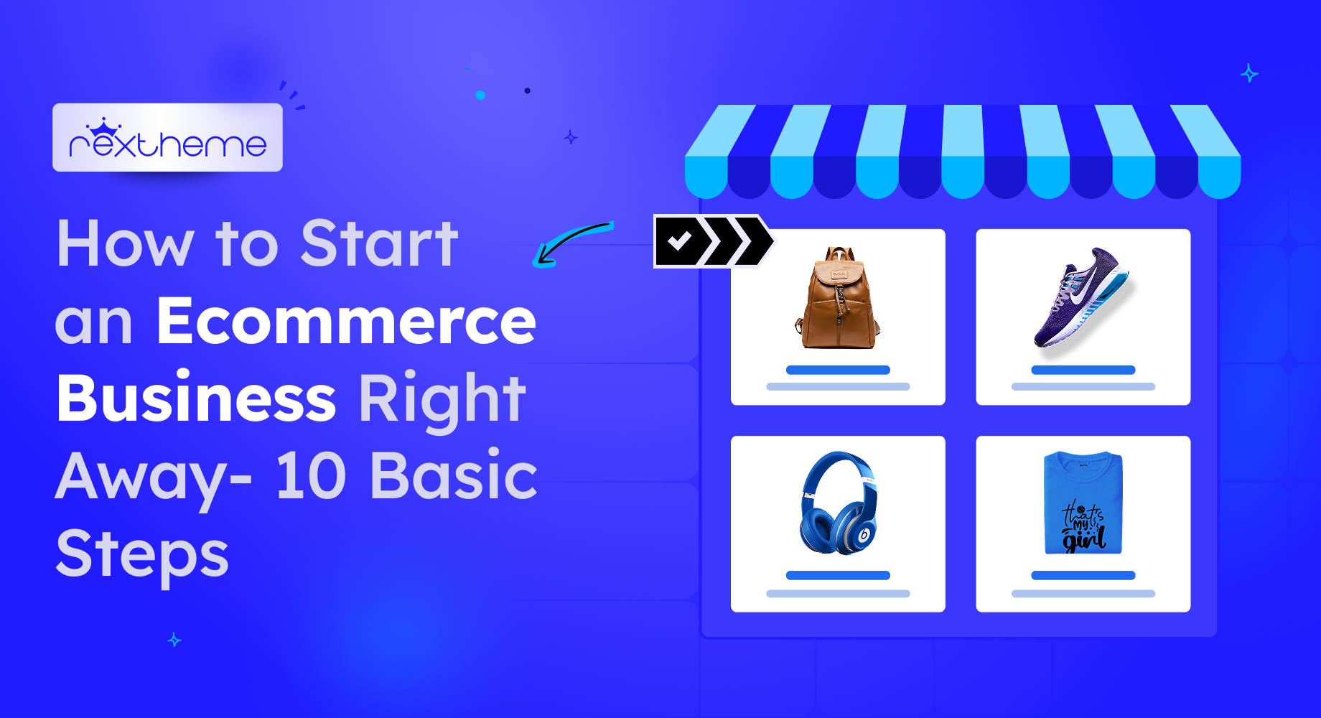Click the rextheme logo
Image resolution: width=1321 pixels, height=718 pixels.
167,138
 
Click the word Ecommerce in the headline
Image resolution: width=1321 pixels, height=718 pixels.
346,320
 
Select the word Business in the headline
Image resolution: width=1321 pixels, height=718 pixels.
196,398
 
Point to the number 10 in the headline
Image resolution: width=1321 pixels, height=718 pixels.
311,475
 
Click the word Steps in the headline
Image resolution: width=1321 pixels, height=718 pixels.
142,554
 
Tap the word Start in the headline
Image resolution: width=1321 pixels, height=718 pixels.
379,243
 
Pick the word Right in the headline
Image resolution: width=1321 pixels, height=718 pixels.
442,399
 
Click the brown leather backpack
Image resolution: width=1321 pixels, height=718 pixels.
837,299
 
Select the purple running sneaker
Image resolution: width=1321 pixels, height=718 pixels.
1081,297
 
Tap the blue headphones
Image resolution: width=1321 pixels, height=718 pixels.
838,503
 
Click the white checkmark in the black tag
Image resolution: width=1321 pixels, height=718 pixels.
679,241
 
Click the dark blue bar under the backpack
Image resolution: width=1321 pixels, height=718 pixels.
838,370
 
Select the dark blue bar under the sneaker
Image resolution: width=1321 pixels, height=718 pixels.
1083,370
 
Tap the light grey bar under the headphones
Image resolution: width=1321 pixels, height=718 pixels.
838,594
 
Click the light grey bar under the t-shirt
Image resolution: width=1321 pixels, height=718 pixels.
1083,594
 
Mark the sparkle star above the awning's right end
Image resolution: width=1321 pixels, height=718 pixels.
1249,73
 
